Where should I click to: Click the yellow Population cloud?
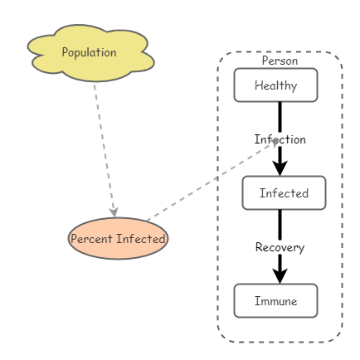pyautogui.click(x=90, y=53)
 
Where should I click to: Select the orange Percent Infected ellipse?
pyautogui.click(x=118, y=239)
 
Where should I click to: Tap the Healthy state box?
pyautogui.click(x=275, y=85)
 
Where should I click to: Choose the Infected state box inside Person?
pyautogui.click(x=284, y=193)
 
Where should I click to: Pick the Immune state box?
pyautogui.click(x=275, y=301)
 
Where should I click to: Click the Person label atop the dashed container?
pyautogui.click(x=280, y=61)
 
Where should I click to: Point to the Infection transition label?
pyautogui.click(x=280, y=139)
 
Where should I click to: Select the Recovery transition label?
pyautogui.click(x=280, y=247)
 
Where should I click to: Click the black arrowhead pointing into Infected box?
pyautogui.click(x=280, y=168)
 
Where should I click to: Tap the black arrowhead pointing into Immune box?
pyautogui.click(x=280, y=275)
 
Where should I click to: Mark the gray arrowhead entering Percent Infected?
pyautogui.click(x=114, y=212)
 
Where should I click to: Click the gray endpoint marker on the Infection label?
pyautogui.click(x=275, y=141)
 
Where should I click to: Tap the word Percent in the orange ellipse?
pyautogui.click(x=91, y=239)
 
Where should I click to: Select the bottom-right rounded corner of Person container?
pyautogui.click(x=336, y=335)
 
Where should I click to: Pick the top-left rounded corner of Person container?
pyautogui.click(x=223, y=59)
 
